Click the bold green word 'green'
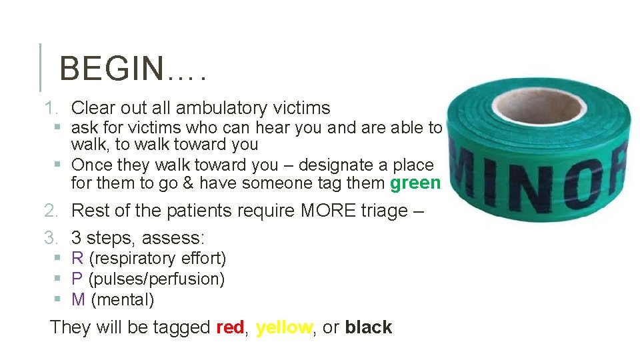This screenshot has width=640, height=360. [415, 183]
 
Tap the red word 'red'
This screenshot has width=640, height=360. [230, 327]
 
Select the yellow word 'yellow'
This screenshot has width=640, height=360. [284, 327]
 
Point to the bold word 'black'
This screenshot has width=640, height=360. [369, 327]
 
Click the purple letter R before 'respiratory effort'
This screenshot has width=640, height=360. [77, 258]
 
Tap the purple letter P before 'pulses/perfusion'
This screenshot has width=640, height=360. [77, 279]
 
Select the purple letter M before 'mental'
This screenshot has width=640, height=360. [78, 299]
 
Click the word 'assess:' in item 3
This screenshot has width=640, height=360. [177, 237]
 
